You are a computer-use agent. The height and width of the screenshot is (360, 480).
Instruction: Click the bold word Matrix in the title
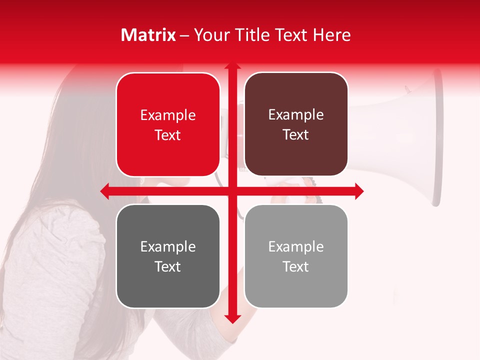point(148,35)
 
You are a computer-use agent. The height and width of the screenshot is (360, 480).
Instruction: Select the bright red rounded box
point(168,124)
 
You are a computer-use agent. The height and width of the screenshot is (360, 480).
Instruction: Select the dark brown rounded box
point(296,124)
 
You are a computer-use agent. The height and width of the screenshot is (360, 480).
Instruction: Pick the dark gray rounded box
point(168,256)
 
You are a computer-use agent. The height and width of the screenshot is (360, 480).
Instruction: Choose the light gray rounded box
point(296,256)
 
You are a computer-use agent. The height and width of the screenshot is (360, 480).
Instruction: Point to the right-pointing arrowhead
point(358,191)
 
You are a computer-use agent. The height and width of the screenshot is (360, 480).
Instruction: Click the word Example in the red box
point(168,115)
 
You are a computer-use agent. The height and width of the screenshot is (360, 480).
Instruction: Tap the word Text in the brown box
point(296,135)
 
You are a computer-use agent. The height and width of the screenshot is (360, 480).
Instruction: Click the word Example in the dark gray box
point(168,247)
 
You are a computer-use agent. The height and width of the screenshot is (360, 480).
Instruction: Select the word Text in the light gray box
point(296,266)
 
